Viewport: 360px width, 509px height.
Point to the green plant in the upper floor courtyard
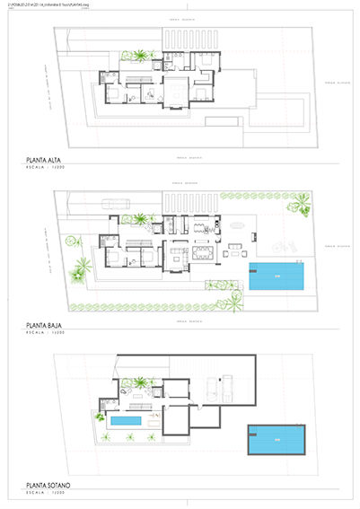click(x=141, y=57)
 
